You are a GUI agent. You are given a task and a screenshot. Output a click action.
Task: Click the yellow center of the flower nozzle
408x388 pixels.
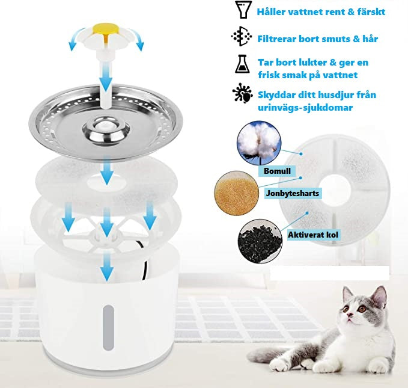tap(105, 30)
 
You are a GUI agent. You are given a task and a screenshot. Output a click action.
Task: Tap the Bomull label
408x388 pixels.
tap(277, 171)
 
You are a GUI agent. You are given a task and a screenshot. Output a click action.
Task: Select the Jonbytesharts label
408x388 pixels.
tap(293, 193)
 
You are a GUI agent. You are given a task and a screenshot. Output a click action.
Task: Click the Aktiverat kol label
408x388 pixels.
tap(313, 235)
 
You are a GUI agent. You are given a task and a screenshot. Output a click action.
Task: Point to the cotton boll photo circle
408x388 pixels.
tap(259, 143)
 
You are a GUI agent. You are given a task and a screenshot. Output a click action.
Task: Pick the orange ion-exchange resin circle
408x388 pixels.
tap(237, 193)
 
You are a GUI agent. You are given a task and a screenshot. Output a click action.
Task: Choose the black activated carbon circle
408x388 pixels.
tap(260, 241)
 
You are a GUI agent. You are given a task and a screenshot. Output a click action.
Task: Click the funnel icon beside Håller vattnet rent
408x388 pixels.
tap(243, 10)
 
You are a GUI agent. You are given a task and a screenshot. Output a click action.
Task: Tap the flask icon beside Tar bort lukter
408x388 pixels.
tap(242, 64)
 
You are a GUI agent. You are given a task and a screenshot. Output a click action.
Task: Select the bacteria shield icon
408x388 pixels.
tap(243, 93)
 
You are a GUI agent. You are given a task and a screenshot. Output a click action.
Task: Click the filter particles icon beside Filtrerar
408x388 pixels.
tap(242, 36)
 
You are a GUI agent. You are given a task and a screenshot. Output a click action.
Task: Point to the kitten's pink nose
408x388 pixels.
tap(350, 315)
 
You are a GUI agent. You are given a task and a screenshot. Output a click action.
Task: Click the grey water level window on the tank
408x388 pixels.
tap(108, 328)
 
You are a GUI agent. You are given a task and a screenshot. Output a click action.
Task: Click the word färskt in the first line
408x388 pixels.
tap(371, 11)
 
